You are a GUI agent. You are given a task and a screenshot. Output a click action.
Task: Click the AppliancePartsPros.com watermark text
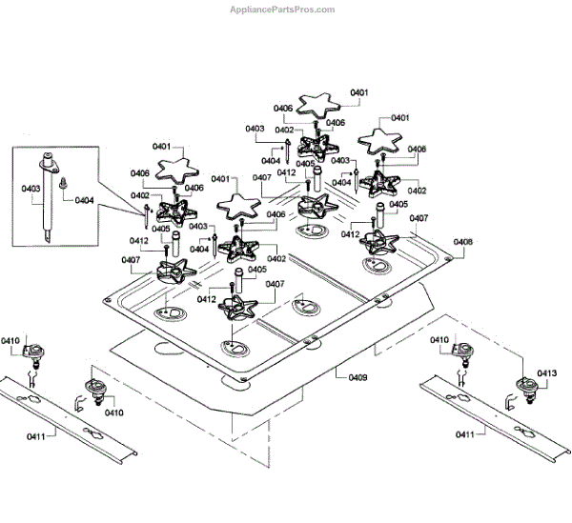282,10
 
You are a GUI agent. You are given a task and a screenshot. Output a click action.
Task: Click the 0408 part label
462,242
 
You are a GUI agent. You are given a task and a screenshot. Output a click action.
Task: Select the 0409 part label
357,377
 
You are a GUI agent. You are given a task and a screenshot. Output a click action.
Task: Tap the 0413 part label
547,372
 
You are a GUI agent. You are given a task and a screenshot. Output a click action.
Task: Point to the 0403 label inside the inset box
31,189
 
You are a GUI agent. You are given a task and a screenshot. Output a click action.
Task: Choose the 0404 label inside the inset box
84,200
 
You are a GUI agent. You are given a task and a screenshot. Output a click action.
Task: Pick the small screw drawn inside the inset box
62,183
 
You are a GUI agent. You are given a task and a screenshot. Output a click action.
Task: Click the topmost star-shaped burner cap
318,105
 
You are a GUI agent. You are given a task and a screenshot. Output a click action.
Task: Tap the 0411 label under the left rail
36,436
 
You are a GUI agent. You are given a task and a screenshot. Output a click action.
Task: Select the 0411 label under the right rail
465,434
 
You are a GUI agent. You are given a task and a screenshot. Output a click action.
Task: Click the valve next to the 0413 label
527,388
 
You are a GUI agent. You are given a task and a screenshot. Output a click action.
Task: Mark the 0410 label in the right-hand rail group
439,340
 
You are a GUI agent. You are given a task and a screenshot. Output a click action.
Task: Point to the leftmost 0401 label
162,146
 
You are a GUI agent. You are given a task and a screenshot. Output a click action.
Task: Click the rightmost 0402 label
417,191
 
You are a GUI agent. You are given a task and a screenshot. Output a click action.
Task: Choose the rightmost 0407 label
419,218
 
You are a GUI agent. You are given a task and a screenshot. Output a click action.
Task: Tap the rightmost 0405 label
398,204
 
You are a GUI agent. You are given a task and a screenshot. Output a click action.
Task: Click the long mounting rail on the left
68,419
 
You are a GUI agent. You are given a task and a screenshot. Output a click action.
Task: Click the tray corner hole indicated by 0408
448,258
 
